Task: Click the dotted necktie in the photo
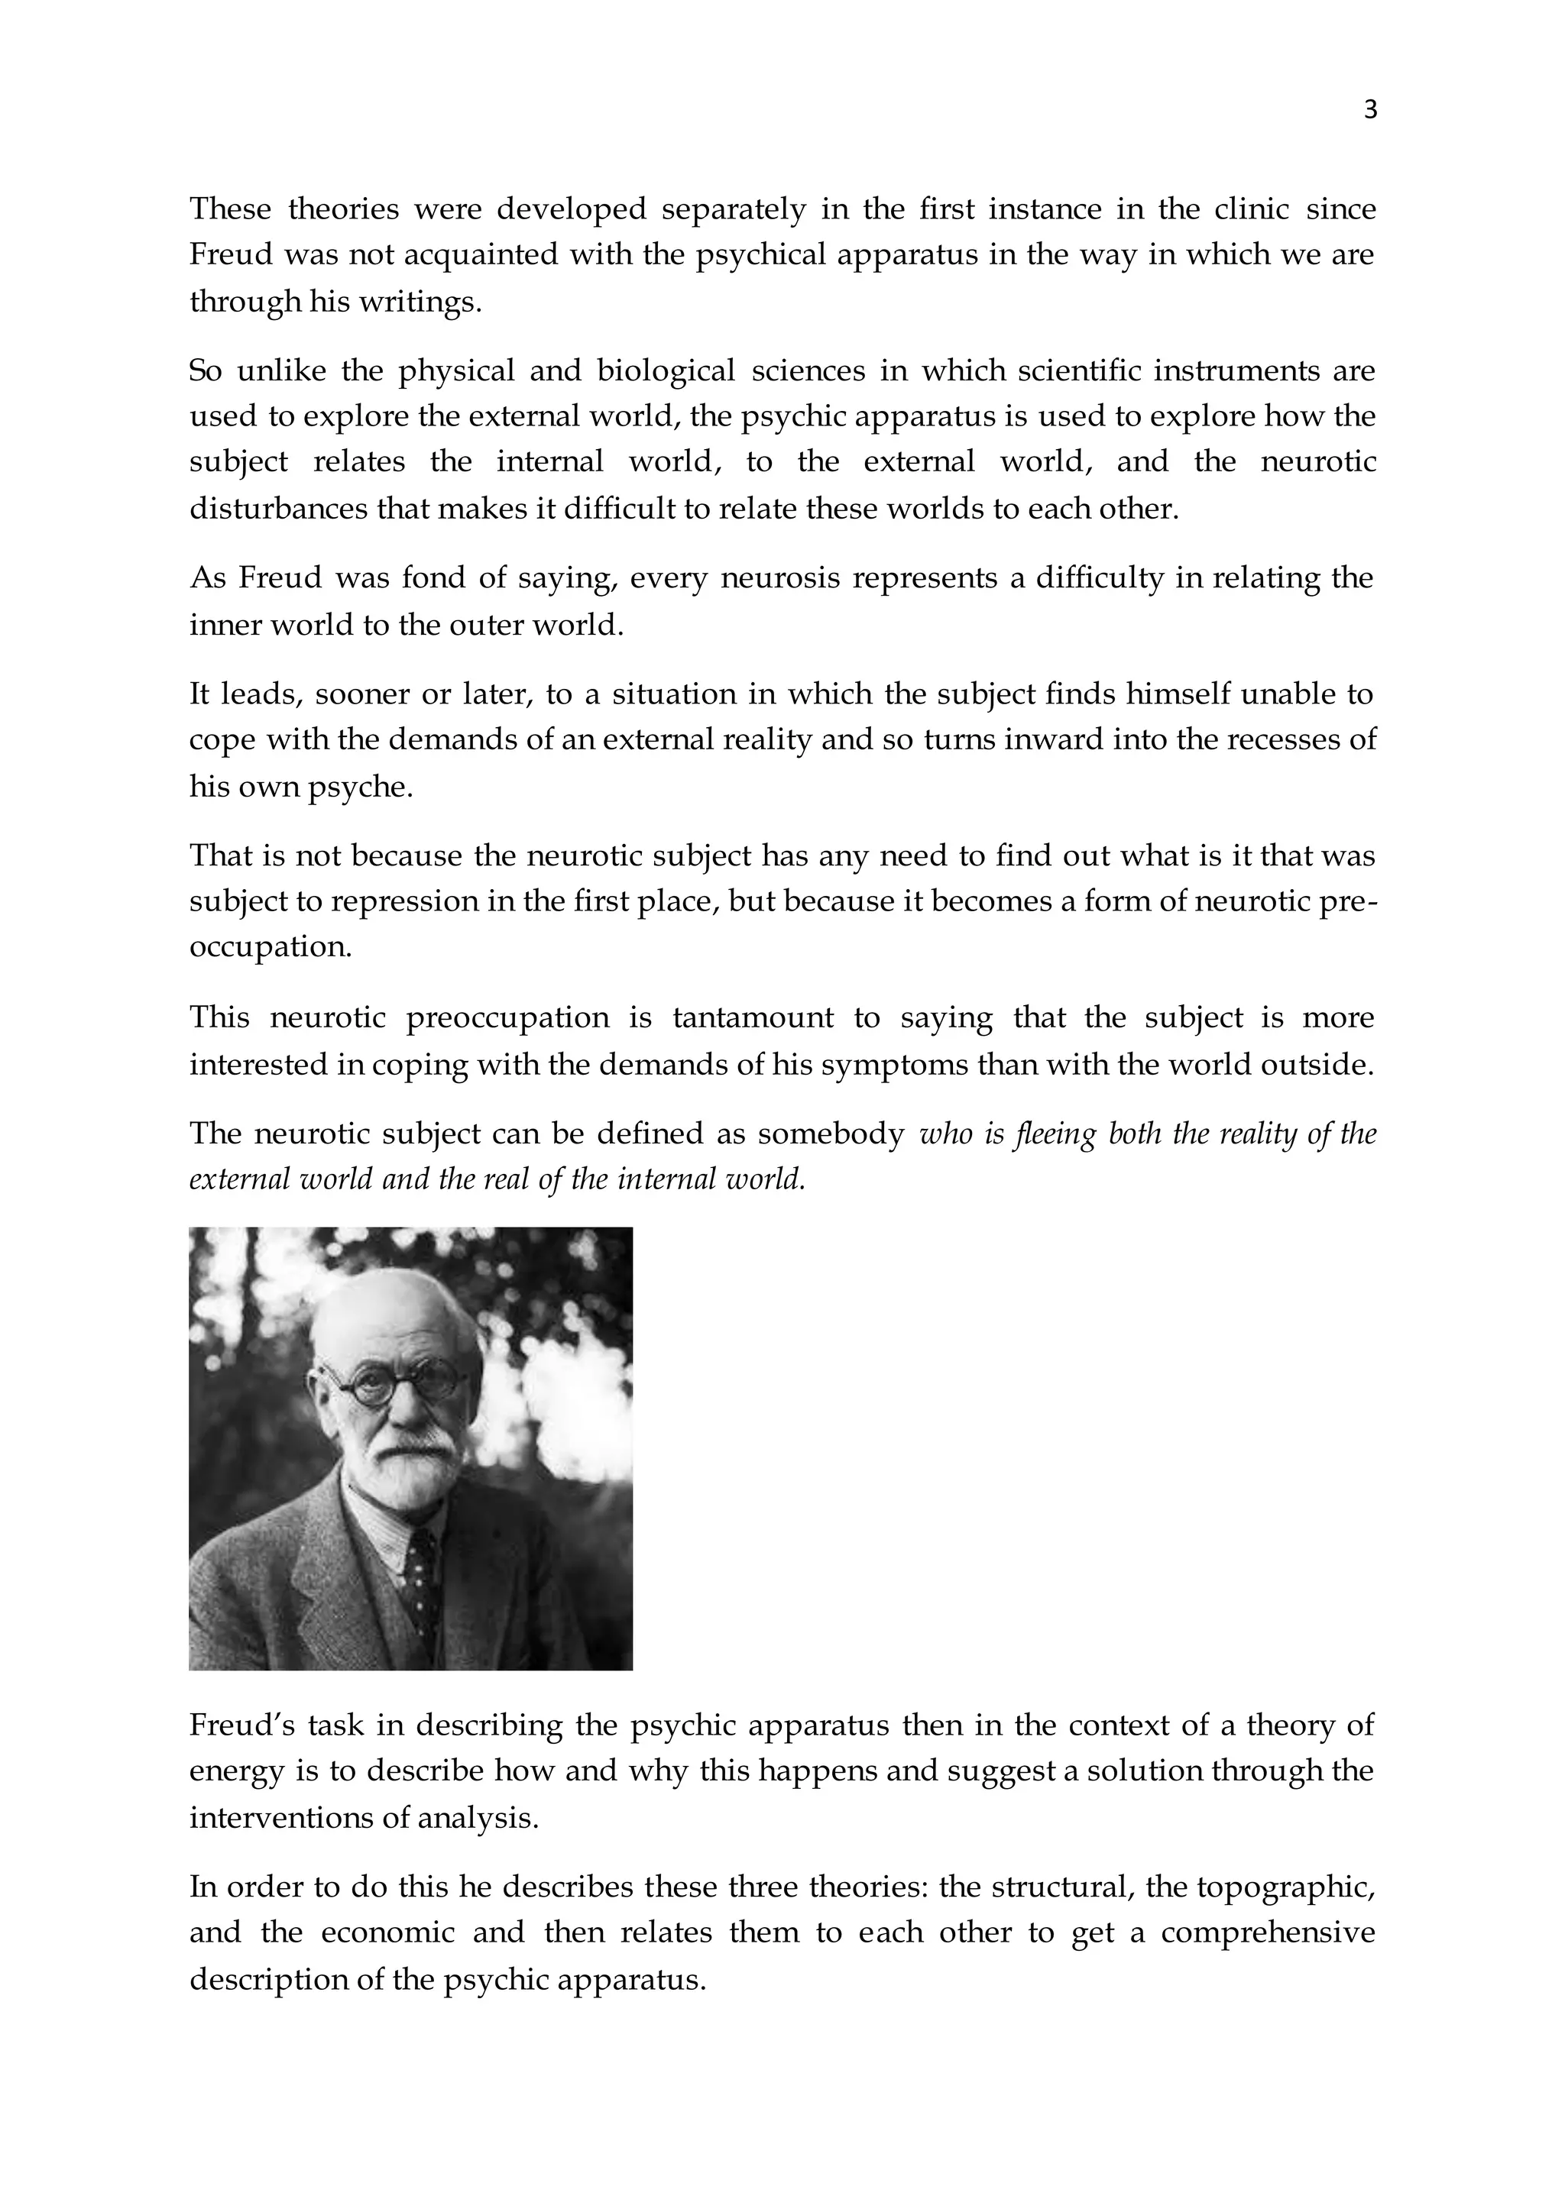click(x=420, y=1580)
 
